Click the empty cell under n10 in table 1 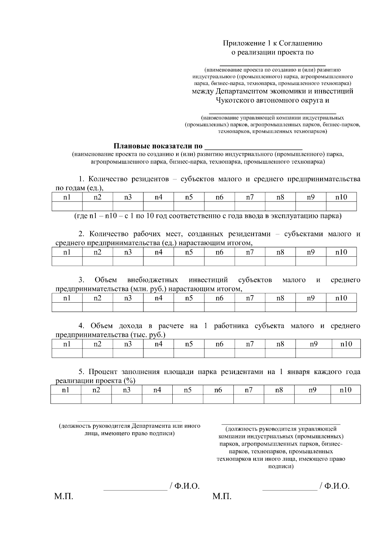(x=341, y=206)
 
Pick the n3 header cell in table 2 (x=128, y=252)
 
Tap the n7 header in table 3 (x=250, y=298)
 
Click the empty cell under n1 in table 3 (x=67, y=307)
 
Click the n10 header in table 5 (x=345, y=390)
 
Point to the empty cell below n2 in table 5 (x=96, y=399)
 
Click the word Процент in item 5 (x=103, y=372)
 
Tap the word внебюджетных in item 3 (x=153, y=280)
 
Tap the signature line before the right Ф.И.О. (x=290, y=490)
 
